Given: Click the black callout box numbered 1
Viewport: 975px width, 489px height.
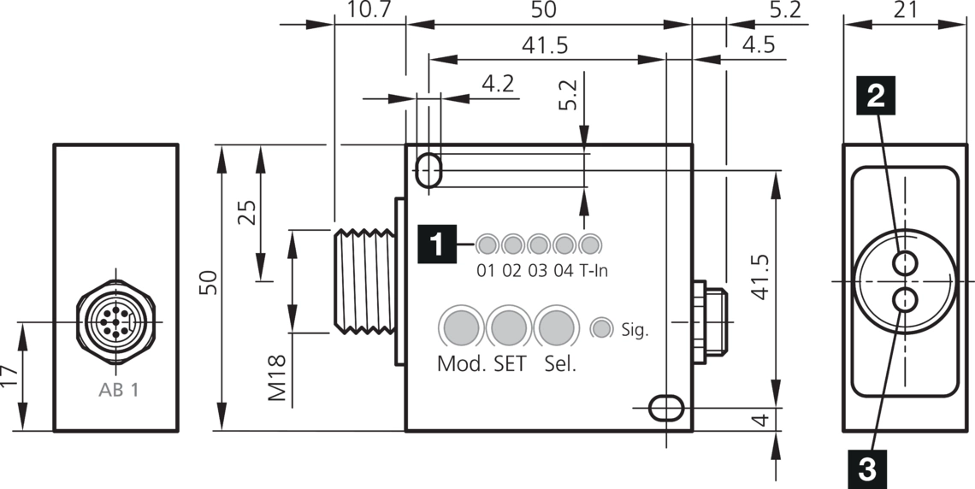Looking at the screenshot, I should coord(436,244).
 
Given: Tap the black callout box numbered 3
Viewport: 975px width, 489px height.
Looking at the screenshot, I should coord(866,468).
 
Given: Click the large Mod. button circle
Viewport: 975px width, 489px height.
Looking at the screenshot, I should coord(461,327).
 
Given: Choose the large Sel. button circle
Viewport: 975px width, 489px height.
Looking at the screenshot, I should coord(557,327).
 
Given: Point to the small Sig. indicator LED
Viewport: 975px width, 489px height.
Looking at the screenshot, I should coord(601,328).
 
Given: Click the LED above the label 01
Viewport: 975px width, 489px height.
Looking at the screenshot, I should coord(487,244).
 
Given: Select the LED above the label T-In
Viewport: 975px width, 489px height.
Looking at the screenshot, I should coord(589,244).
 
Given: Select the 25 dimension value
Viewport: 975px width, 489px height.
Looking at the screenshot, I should coord(246,212).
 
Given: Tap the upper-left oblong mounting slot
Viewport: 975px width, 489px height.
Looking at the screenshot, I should coord(429,169).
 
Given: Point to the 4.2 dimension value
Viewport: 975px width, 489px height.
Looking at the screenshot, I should coord(498,84).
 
